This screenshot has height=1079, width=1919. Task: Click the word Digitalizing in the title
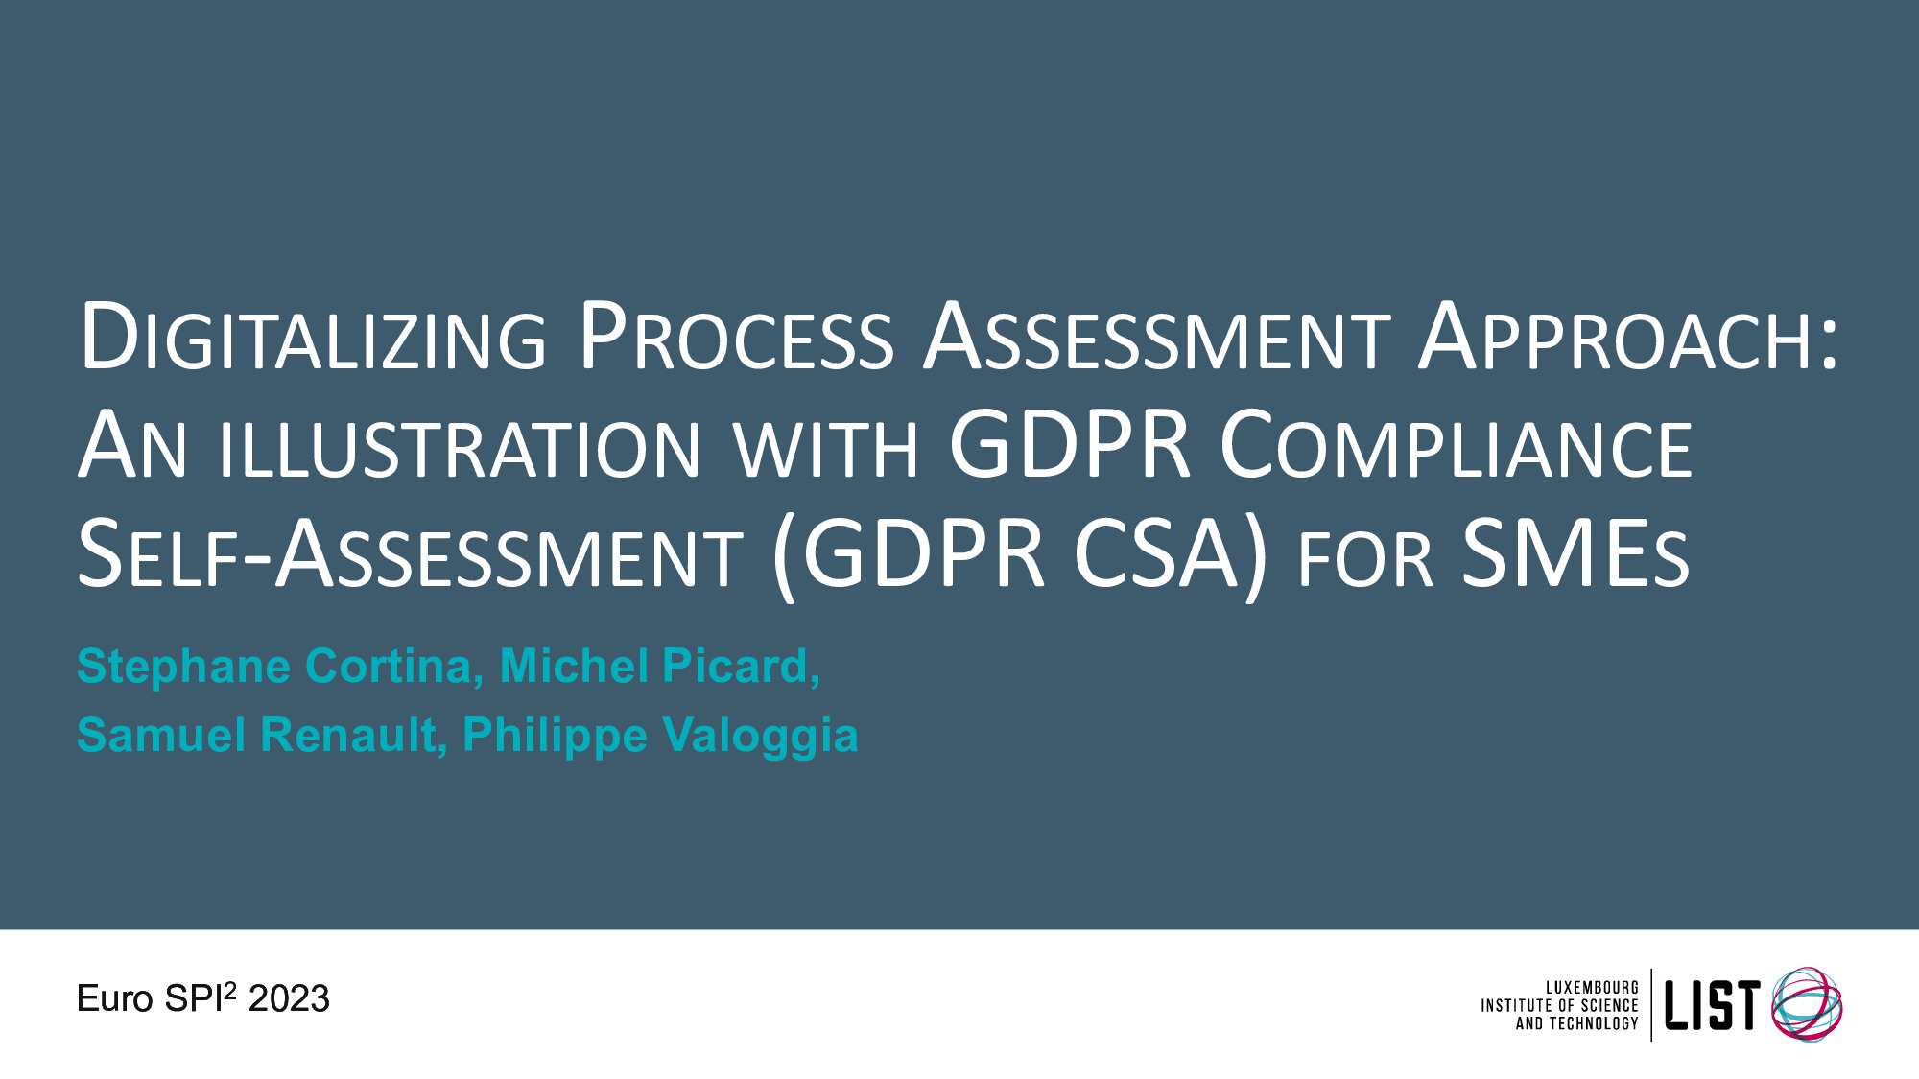click(x=313, y=337)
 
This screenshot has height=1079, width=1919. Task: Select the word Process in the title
click(x=737, y=337)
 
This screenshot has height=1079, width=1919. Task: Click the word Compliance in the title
click(x=1457, y=445)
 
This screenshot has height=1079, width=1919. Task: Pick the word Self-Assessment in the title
click(x=410, y=554)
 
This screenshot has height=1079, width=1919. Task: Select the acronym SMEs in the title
click(x=1575, y=553)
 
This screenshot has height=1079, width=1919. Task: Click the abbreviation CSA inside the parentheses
click(x=1156, y=553)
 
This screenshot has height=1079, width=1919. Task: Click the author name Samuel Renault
click(x=256, y=736)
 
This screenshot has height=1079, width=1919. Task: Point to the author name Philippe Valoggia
click(x=661, y=737)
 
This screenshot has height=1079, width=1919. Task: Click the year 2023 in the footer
click(x=289, y=999)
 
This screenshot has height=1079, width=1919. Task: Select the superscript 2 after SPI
click(x=229, y=988)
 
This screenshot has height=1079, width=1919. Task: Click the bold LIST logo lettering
click(x=1712, y=1005)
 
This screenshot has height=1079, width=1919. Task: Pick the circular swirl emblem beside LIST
click(x=1806, y=1003)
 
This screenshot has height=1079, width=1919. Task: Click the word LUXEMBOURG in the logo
click(x=1592, y=988)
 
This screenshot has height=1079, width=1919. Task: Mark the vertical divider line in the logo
click(x=1651, y=1004)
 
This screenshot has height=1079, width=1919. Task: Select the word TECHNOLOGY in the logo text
click(x=1594, y=1023)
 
